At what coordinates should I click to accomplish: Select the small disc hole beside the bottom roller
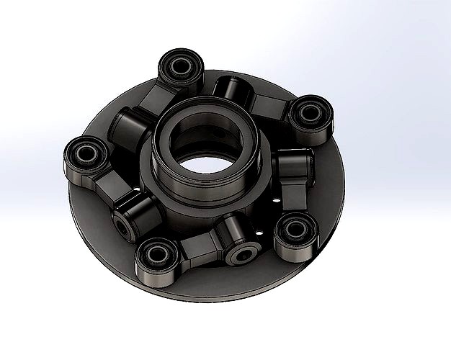[259, 232]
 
